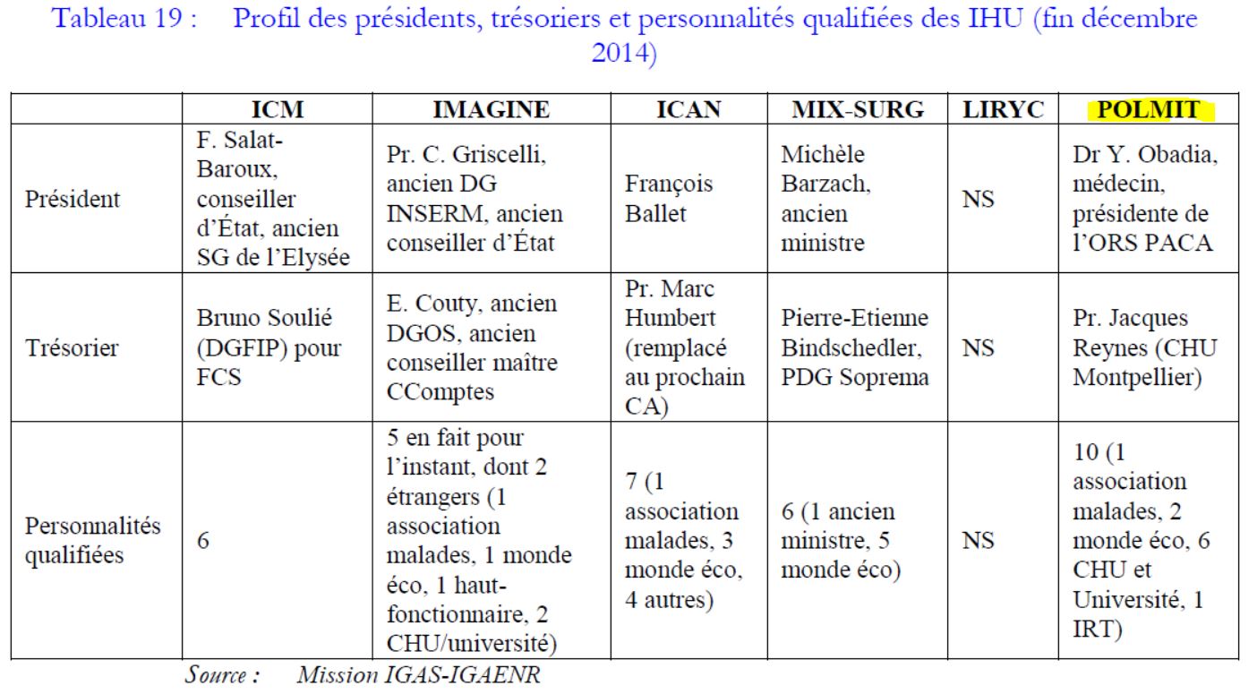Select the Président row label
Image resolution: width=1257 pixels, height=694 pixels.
click(72, 198)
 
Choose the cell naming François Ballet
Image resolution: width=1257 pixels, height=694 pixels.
click(669, 198)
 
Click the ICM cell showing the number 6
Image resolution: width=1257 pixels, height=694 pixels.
click(202, 541)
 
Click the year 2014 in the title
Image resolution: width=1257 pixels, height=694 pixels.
click(624, 52)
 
